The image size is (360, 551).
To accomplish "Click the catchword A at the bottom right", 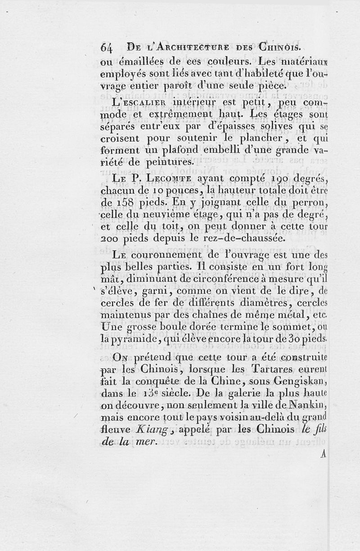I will click(323, 454).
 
